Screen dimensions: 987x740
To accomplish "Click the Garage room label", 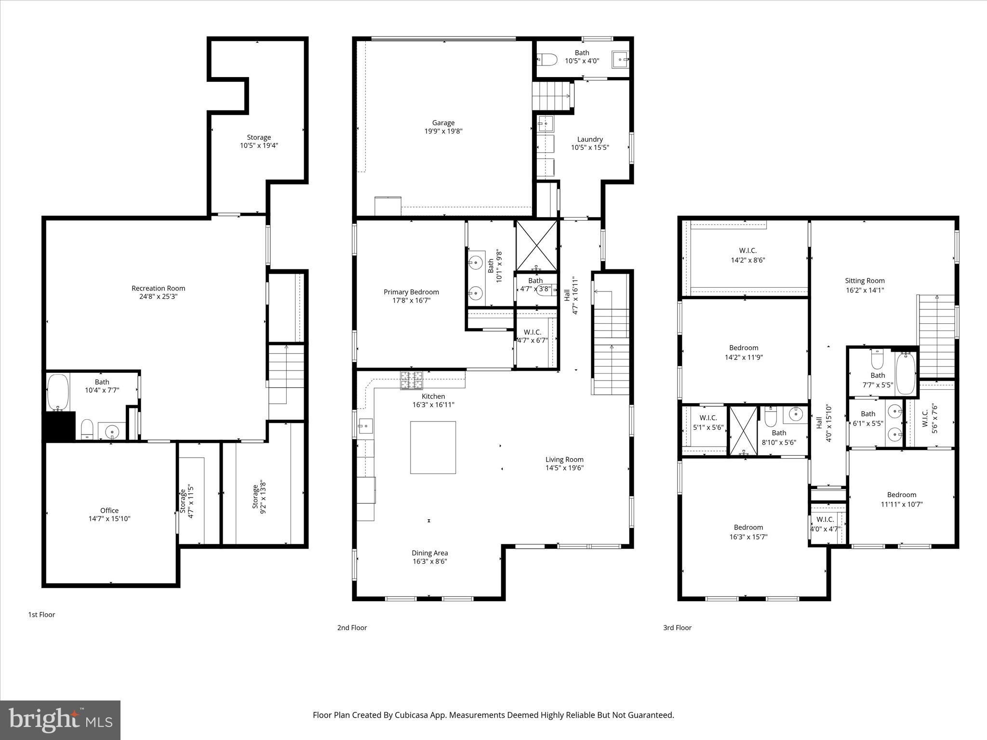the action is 443,123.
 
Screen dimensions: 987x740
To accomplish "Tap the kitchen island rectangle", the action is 433,448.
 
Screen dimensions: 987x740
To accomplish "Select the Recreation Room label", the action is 158,288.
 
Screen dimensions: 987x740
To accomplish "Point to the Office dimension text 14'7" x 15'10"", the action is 109,519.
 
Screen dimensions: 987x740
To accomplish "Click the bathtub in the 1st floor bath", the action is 58,393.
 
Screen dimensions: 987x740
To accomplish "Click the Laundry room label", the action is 590,139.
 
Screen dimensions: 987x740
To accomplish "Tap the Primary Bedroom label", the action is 411,292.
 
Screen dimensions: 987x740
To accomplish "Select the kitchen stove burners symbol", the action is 411,380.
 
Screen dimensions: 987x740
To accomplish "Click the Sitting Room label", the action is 865,281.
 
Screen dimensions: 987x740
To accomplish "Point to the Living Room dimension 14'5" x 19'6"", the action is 564,468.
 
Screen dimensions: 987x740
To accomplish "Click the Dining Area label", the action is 429,553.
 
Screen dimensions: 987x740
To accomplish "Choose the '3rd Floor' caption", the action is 677,628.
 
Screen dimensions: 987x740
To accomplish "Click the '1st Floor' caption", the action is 41,615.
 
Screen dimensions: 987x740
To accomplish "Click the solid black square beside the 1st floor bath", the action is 60,426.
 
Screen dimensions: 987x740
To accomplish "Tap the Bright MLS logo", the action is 60,720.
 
